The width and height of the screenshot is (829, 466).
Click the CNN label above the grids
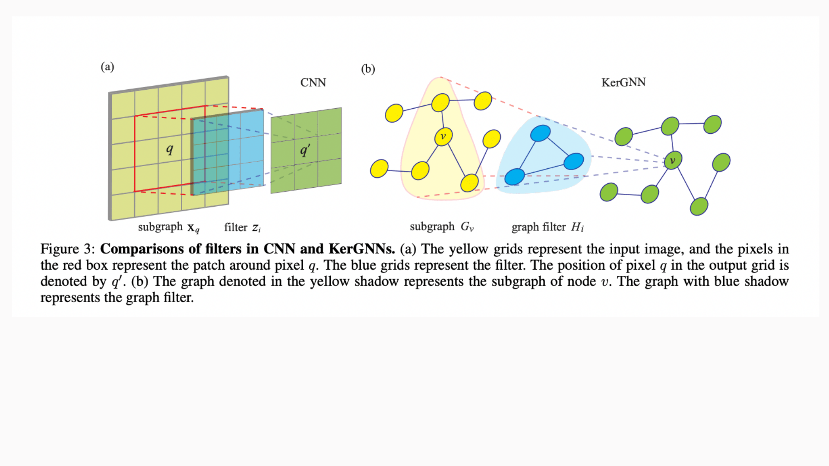[313, 82]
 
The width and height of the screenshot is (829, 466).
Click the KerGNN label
[623, 82]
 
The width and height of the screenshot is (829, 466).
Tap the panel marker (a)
[108, 67]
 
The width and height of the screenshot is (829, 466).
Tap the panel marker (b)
[368, 69]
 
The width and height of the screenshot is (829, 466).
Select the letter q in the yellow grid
[170, 149]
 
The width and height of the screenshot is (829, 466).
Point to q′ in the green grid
[305, 150]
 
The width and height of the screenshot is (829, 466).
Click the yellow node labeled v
[443, 137]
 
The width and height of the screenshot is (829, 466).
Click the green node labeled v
[673, 161]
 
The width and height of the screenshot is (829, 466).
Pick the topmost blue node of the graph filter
[540, 133]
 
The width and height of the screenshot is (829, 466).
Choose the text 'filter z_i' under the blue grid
[242, 227]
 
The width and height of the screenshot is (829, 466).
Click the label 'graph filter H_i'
[547, 227]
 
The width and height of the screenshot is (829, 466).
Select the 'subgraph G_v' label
[442, 227]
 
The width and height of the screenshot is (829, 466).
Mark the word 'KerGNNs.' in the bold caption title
[362, 249]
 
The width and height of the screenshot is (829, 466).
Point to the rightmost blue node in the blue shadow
[574, 161]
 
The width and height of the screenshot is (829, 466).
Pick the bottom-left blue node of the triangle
[515, 176]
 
